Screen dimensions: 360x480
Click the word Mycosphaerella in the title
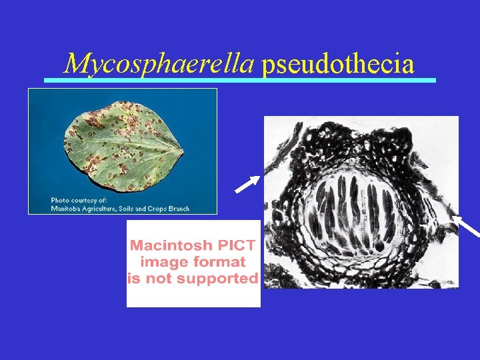point(159,64)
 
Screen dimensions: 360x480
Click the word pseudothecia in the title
point(337,65)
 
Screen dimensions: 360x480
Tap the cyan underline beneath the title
point(240,80)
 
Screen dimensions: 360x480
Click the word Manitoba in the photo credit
point(67,209)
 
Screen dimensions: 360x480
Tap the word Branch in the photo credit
point(177,209)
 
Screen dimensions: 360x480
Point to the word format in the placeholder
point(221,261)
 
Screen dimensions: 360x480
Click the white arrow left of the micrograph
point(247,184)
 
